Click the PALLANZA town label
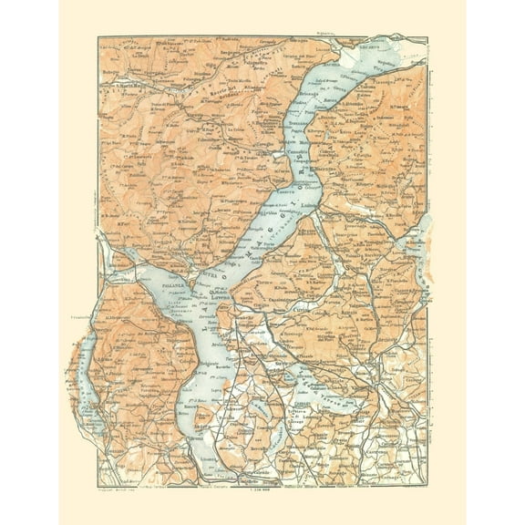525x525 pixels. point(149,283)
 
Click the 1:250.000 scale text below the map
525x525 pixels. point(266,493)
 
